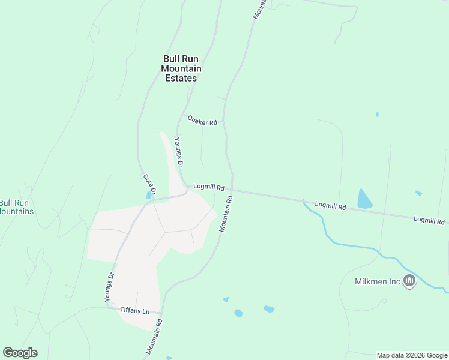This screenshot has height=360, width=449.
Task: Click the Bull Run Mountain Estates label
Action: coord(181,68)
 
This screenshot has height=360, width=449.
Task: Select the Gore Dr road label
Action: coord(149,184)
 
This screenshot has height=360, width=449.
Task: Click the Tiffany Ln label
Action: coord(134,311)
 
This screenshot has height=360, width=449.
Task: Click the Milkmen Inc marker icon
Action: coord(410,280)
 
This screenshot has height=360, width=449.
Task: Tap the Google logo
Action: coord(20,352)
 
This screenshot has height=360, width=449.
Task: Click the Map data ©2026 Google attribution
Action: coord(412,355)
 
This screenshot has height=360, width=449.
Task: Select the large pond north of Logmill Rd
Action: coord(364,199)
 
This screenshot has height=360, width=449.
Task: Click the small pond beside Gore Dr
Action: coord(148,195)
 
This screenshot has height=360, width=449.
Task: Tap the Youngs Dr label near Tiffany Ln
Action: coord(109,288)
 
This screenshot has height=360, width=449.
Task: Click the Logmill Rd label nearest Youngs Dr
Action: coord(208,187)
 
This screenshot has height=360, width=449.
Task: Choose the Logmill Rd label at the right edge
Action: coord(429,221)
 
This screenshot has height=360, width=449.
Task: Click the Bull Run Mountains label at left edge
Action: coord(15,207)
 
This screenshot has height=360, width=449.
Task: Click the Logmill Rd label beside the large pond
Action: coord(330,206)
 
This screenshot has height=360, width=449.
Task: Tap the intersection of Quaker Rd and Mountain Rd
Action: coord(223,121)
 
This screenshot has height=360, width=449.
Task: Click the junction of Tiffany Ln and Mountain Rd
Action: coord(161,313)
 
